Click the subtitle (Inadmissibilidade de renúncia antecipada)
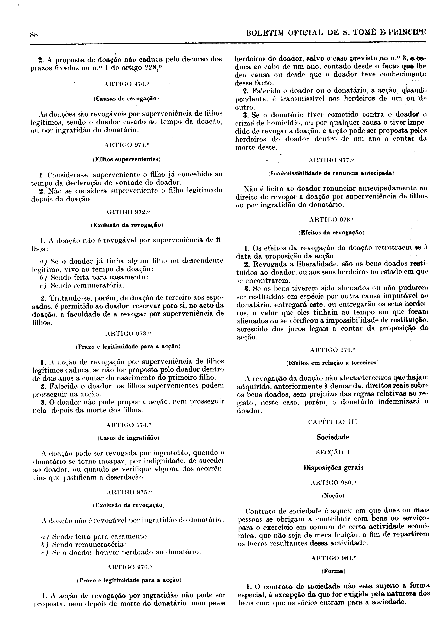coord(331,174)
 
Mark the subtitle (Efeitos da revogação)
coord(331,233)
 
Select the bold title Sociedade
coord(333,437)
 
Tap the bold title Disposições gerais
coord(333,467)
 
